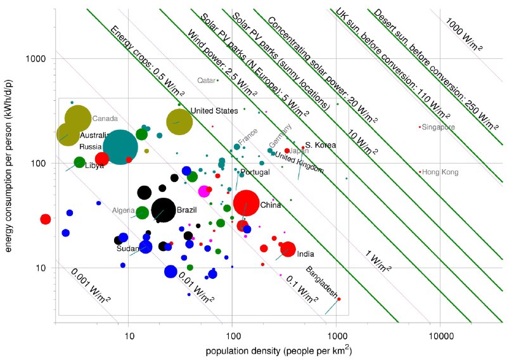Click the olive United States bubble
(x=179, y=121)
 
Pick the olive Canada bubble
(x=78, y=118)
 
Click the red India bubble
(x=288, y=249)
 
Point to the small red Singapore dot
(x=420, y=127)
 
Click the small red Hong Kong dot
(x=420, y=172)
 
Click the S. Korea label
(x=321, y=145)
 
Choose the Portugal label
(x=255, y=172)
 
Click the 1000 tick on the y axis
(x=39, y=58)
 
